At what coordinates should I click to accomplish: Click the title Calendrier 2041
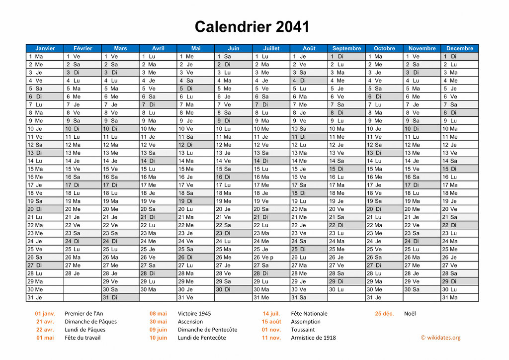[x=252, y=26]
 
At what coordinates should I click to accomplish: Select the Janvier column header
[x=45, y=48]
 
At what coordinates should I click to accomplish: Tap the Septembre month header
[x=346, y=48]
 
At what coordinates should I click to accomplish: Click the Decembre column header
[x=460, y=48]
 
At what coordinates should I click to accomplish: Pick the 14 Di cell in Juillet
[x=271, y=161]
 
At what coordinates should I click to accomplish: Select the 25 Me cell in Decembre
[x=460, y=249]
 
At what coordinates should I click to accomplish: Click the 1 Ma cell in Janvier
[x=45, y=56]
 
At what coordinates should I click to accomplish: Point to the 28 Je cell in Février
[x=83, y=273]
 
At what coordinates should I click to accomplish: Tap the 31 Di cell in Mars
[x=120, y=297]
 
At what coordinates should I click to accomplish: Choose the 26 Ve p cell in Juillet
[x=271, y=257]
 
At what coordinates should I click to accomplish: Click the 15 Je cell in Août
[x=309, y=169]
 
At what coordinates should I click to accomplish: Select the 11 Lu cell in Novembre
[x=422, y=137]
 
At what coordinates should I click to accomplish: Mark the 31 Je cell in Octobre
[x=384, y=297]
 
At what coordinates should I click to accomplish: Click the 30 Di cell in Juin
[x=233, y=289]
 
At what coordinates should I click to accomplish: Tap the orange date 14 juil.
[x=271, y=313]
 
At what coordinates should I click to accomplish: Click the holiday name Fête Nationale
[x=309, y=313]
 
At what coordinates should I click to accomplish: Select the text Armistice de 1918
[x=313, y=338]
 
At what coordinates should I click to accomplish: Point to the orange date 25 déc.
[x=384, y=313]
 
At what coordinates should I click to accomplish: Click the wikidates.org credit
[x=440, y=338]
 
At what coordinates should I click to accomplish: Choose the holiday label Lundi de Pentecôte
[x=202, y=338]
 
